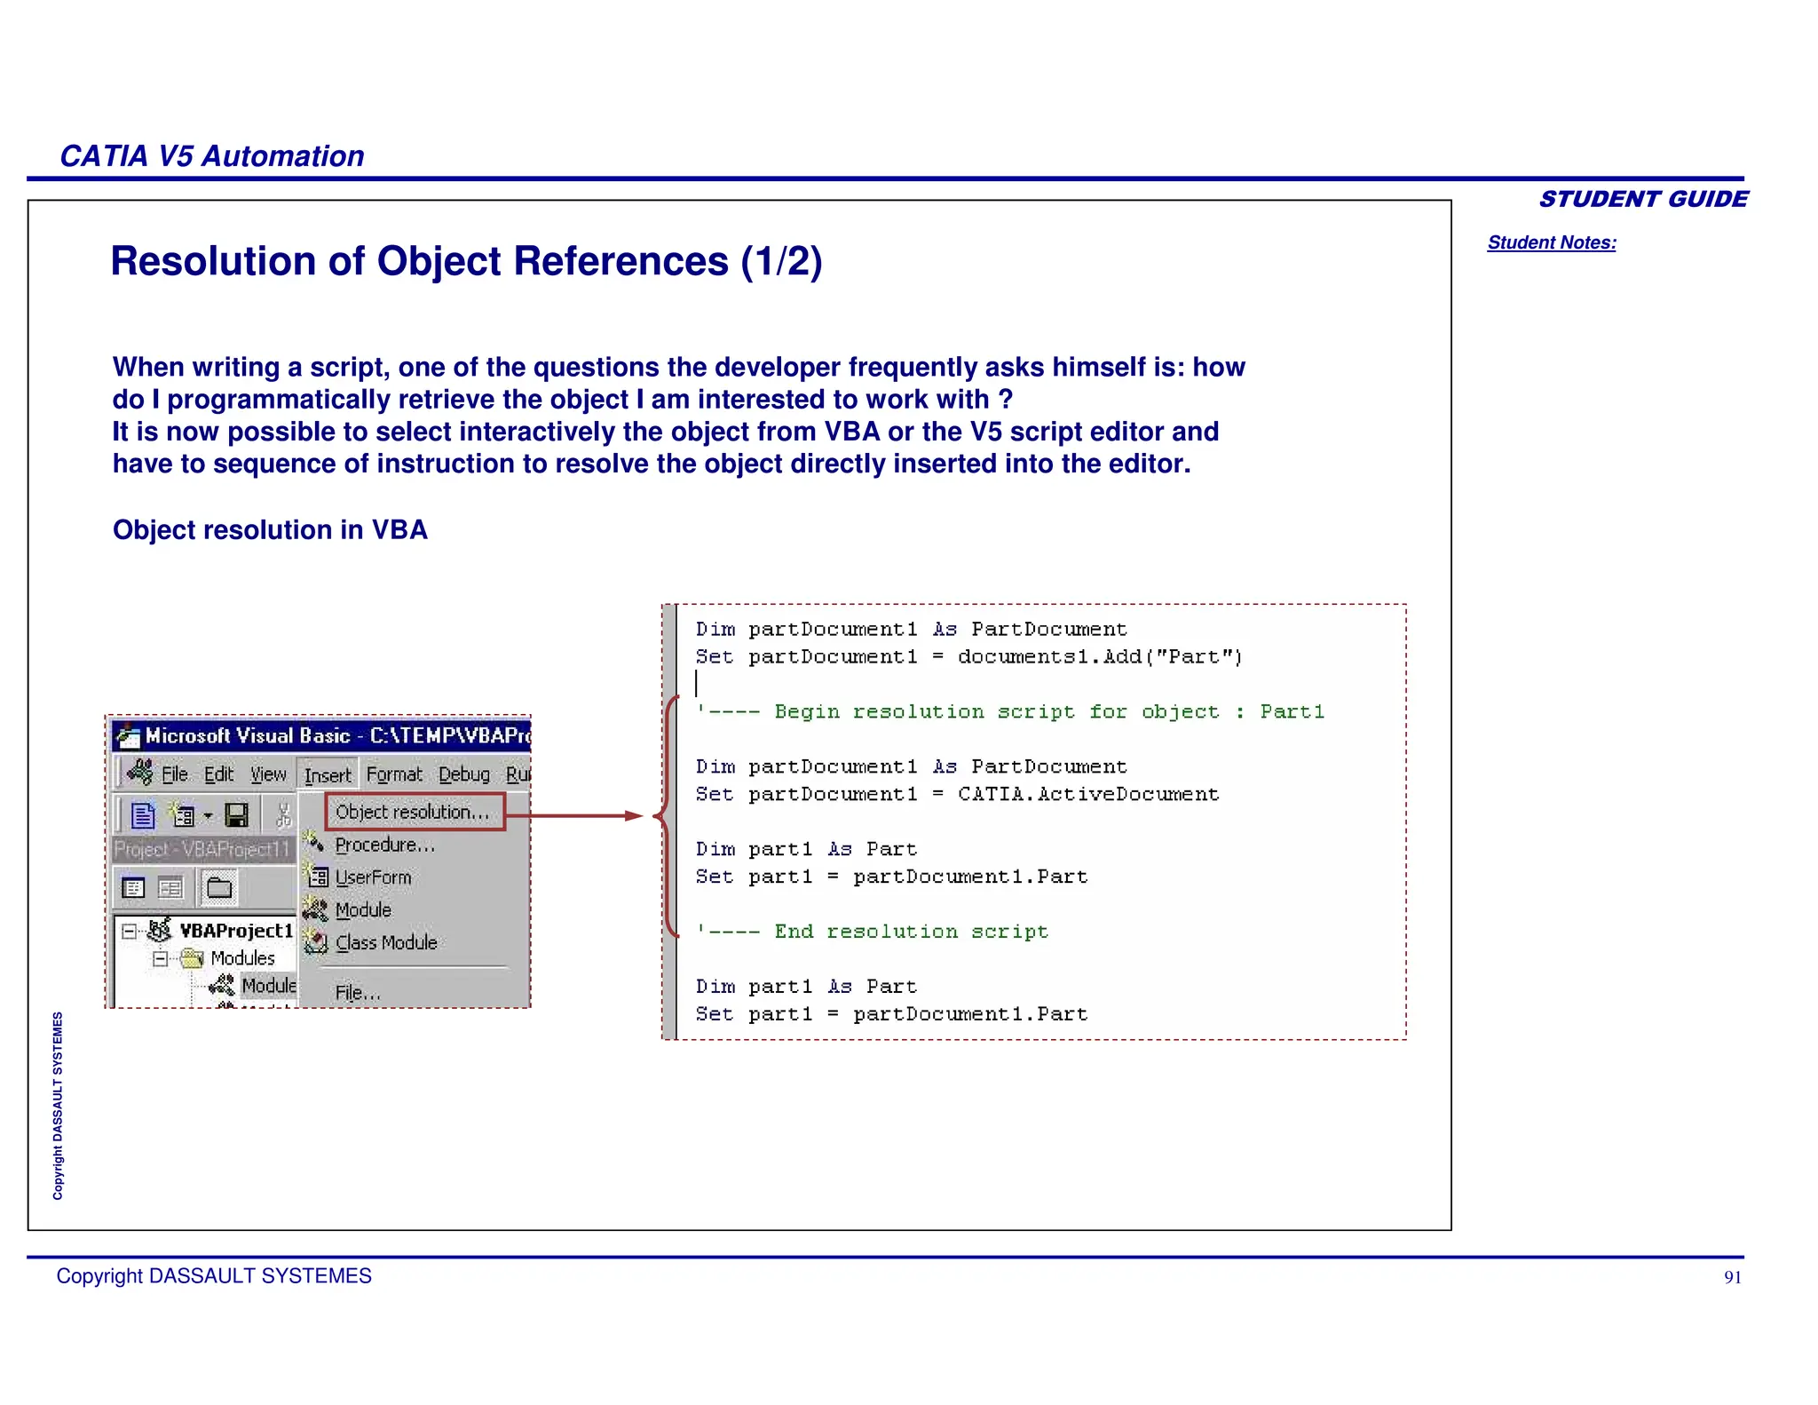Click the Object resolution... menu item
pyautogui.click(x=413, y=812)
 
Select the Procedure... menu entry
pyautogui.click(x=384, y=845)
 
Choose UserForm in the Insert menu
pyautogui.click(x=373, y=877)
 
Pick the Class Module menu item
pyautogui.click(x=386, y=942)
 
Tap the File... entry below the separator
pyautogui.click(x=358, y=993)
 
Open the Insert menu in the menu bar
pyautogui.click(x=328, y=775)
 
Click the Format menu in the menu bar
pyautogui.click(x=394, y=775)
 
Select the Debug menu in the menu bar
pyautogui.click(x=464, y=775)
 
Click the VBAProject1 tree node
pyautogui.click(x=236, y=931)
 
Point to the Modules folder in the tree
pyautogui.click(x=242, y=958)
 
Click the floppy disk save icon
pyautogui.click(x=237, y=814)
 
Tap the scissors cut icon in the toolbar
pyautogui.click(x=284, y=814)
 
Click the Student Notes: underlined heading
pyautogui.click(x=1552, y=242)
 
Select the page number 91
pyautogui.click(x=1732, y=1277)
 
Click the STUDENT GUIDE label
pyautogui.click(x=1643, y=199)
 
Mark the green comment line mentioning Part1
pyautogui.click(x=1009, y=712)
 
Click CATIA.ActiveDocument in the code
pyautogui.click(x=1088, y=795)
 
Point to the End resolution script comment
pyautogui.click(x=872, y=932)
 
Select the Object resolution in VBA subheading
pyautogui.click(x=270, y=530)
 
